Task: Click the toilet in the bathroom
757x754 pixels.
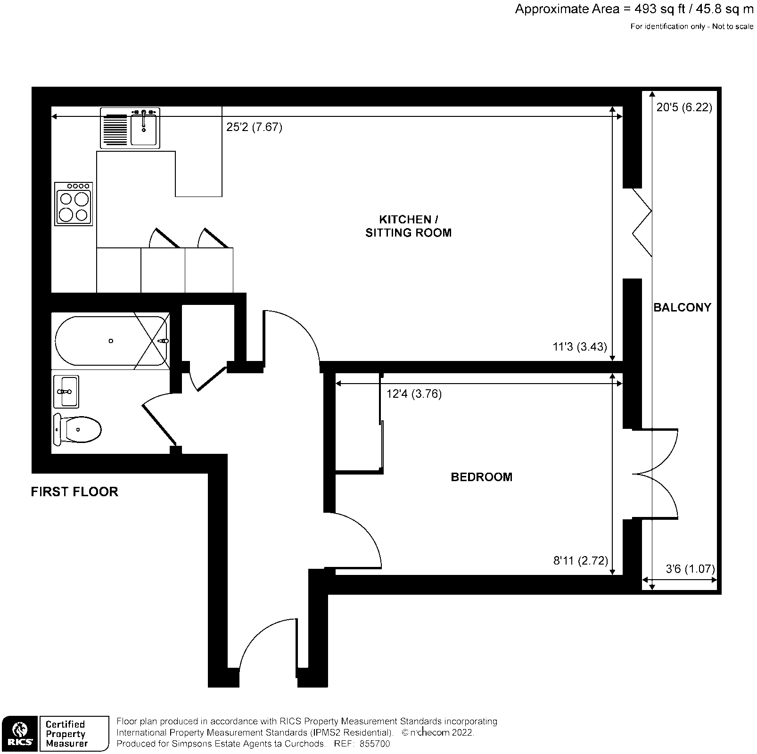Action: click(x=78, y=429)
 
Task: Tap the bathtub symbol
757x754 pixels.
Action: click(x=111, y=341)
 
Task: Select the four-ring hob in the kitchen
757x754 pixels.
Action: click(x=74, y=205)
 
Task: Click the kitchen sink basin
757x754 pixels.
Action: click(x=144, y=129)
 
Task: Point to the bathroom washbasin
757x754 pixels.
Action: click(x=66, y=391)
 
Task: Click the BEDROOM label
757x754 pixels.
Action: click(x=481, y=477)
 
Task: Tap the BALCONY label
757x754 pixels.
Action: click(x=682, y=308)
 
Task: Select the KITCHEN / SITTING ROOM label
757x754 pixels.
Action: click(x=408, y=226)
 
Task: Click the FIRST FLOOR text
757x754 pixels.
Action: click(x=74, y=492)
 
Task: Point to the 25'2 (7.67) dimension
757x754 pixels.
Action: click(x=254, y=127)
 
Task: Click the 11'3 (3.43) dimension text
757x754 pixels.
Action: click(x=579, y=347)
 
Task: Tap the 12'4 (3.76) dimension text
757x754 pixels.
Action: click(x=414, y=394)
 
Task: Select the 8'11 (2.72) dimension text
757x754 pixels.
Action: click(x=580, y=561)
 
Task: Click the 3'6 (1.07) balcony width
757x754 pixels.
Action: click(x=690, y=569)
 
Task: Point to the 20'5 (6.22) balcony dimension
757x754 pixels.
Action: click(x=684, y=108)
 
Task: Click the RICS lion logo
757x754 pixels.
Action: click(x=19, y=733)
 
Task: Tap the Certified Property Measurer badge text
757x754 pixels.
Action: click(x=66, y=734)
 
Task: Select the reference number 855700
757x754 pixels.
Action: click(x=375, y=744)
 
